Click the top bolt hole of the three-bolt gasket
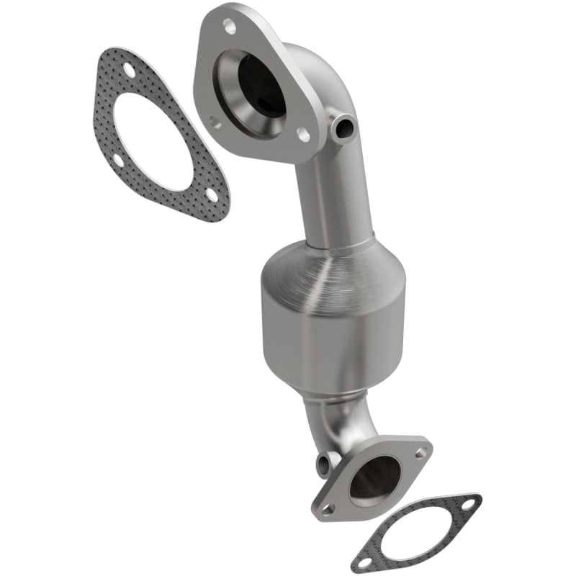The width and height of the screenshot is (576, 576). (x=130, y=70)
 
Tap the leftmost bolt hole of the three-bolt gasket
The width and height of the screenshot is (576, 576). (x=117, y=160)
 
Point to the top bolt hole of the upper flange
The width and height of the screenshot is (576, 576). (x=230, y=28)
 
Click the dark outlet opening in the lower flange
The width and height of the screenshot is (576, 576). (x=375, y=478)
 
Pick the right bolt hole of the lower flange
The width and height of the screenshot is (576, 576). (x=420, y=452)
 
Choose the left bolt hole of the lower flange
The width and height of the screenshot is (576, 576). (x=328, y=508)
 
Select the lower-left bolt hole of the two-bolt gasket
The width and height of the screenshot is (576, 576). (x=366, y=561)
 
